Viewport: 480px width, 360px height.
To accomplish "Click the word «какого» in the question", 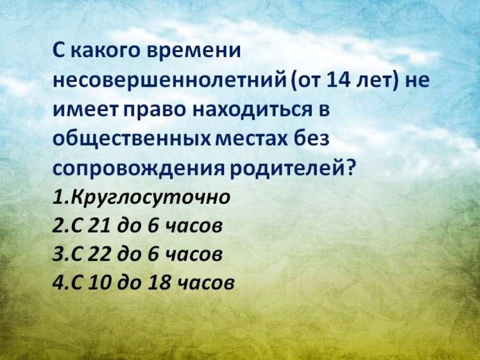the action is (x=106, y=51).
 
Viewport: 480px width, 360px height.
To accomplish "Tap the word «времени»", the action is (x=194, y=51).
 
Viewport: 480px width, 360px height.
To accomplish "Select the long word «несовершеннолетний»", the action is (x=169, y=81).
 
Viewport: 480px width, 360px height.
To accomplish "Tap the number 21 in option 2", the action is (x=98, y=226).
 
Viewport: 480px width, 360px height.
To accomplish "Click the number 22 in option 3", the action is (x=98, y=255).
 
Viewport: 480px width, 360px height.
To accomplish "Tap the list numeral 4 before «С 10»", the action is (x=58, y=282).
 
